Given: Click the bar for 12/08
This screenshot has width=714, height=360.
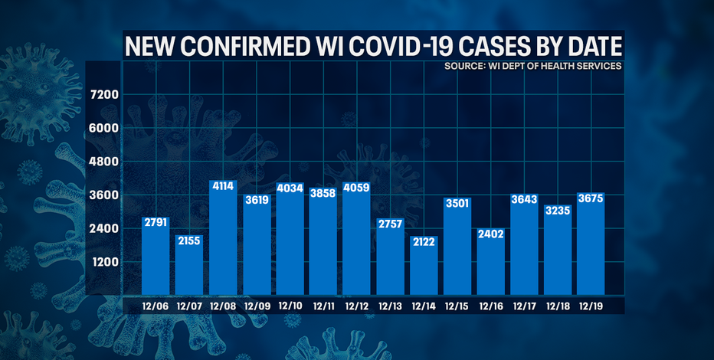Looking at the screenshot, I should tap(222, 245).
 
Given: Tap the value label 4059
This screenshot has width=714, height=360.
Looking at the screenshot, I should tap(356, 188).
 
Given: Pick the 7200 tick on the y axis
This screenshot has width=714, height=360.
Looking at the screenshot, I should tap(103, 95).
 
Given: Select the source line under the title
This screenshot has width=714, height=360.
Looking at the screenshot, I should tap(532, 67).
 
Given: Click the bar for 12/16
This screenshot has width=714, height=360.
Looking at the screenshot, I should tap(491, 264).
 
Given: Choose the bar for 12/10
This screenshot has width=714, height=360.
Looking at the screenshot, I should tap(290, 245).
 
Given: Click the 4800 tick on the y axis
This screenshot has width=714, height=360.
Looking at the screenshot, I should tap(103, 162).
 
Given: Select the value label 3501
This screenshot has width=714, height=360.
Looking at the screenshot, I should tap(457, 203).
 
